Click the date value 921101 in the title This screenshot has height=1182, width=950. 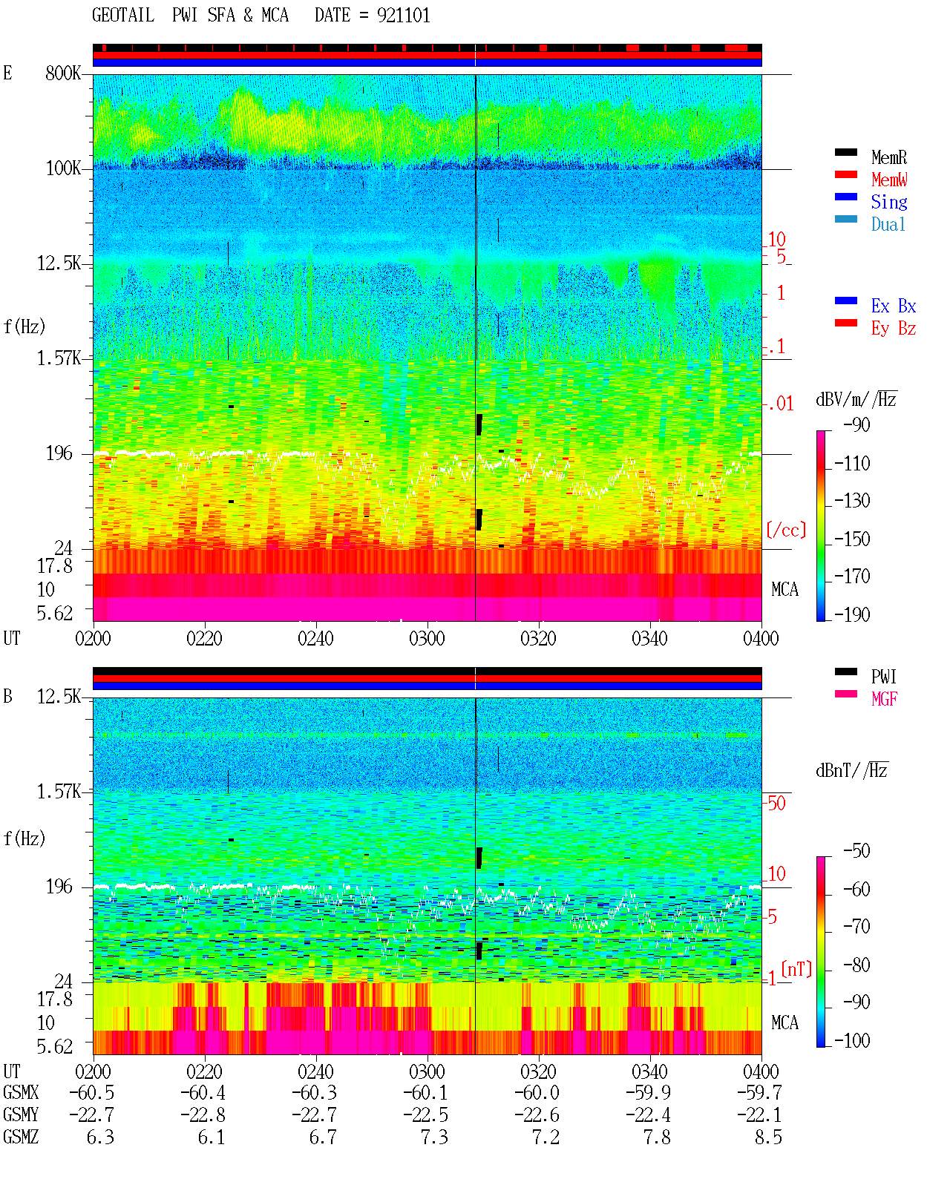coord(403,15)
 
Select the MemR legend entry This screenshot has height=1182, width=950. coord(888,157)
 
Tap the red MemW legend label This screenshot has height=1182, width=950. coord(889,180)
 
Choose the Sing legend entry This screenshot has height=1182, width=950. coord(888,202)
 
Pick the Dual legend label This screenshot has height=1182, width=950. coord(888,224)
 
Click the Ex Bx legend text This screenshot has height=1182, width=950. coord(894,306)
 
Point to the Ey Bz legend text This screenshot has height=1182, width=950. coord(894,329)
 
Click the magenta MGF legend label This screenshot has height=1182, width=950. coord(884,699)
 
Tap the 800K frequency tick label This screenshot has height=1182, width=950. coord(63,73)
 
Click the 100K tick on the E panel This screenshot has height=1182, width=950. coord(63,168)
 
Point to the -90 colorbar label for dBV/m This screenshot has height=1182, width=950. coord(856,424)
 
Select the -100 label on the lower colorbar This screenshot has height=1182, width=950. coord(852,1040)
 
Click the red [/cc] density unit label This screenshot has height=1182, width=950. coord(786,530)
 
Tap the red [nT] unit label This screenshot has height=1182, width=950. coord(796,969)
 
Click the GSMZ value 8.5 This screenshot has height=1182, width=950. coord(768,1137)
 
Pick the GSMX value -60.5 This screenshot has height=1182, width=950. coord(92,1092)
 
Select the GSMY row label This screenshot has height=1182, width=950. coord(21,1114)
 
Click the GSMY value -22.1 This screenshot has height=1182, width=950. coord(759,1114)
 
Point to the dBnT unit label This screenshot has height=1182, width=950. coord(851,771)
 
